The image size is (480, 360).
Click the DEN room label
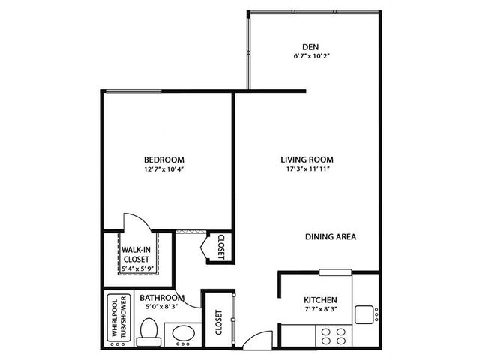(x=310, y=47)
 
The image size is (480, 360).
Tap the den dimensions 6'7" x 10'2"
(x=311, y=56)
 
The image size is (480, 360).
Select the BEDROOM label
(x=164, y=160)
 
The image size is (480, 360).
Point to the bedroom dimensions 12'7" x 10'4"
(x=163, y=169)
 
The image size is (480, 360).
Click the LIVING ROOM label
(x=307, y=160)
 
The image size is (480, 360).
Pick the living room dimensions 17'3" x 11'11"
(x=307, y=169)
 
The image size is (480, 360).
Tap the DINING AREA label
(x=331, y=237)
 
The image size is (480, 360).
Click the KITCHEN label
(x=320, y=300)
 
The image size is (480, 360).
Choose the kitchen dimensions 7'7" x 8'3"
(x=321, y=309)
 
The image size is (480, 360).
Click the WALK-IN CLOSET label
(x=136, y=254)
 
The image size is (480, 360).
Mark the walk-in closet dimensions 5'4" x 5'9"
(x=137, y=268)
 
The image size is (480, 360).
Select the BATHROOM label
(x=162, y=298)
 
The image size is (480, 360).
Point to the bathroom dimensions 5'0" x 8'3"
(x=162, y=306)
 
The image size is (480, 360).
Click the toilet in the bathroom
(x=148, y=332)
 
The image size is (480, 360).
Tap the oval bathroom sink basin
(x=183, y=333)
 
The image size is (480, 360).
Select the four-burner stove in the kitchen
(x=334, y=336)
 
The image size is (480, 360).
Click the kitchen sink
(x=364, y=315)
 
